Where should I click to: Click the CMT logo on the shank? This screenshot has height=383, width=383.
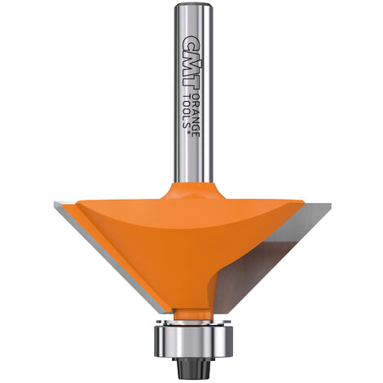click(191, 64)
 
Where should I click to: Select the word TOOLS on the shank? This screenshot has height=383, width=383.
click(186, 112)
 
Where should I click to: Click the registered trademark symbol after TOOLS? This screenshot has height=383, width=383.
click(187, 132)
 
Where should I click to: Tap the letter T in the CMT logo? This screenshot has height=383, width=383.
click(191, 84)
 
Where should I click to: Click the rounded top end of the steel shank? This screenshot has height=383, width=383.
click(193, 6)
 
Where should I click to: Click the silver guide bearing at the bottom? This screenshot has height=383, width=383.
click(193, 341)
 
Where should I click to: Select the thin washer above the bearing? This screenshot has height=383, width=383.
click(193, 323)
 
